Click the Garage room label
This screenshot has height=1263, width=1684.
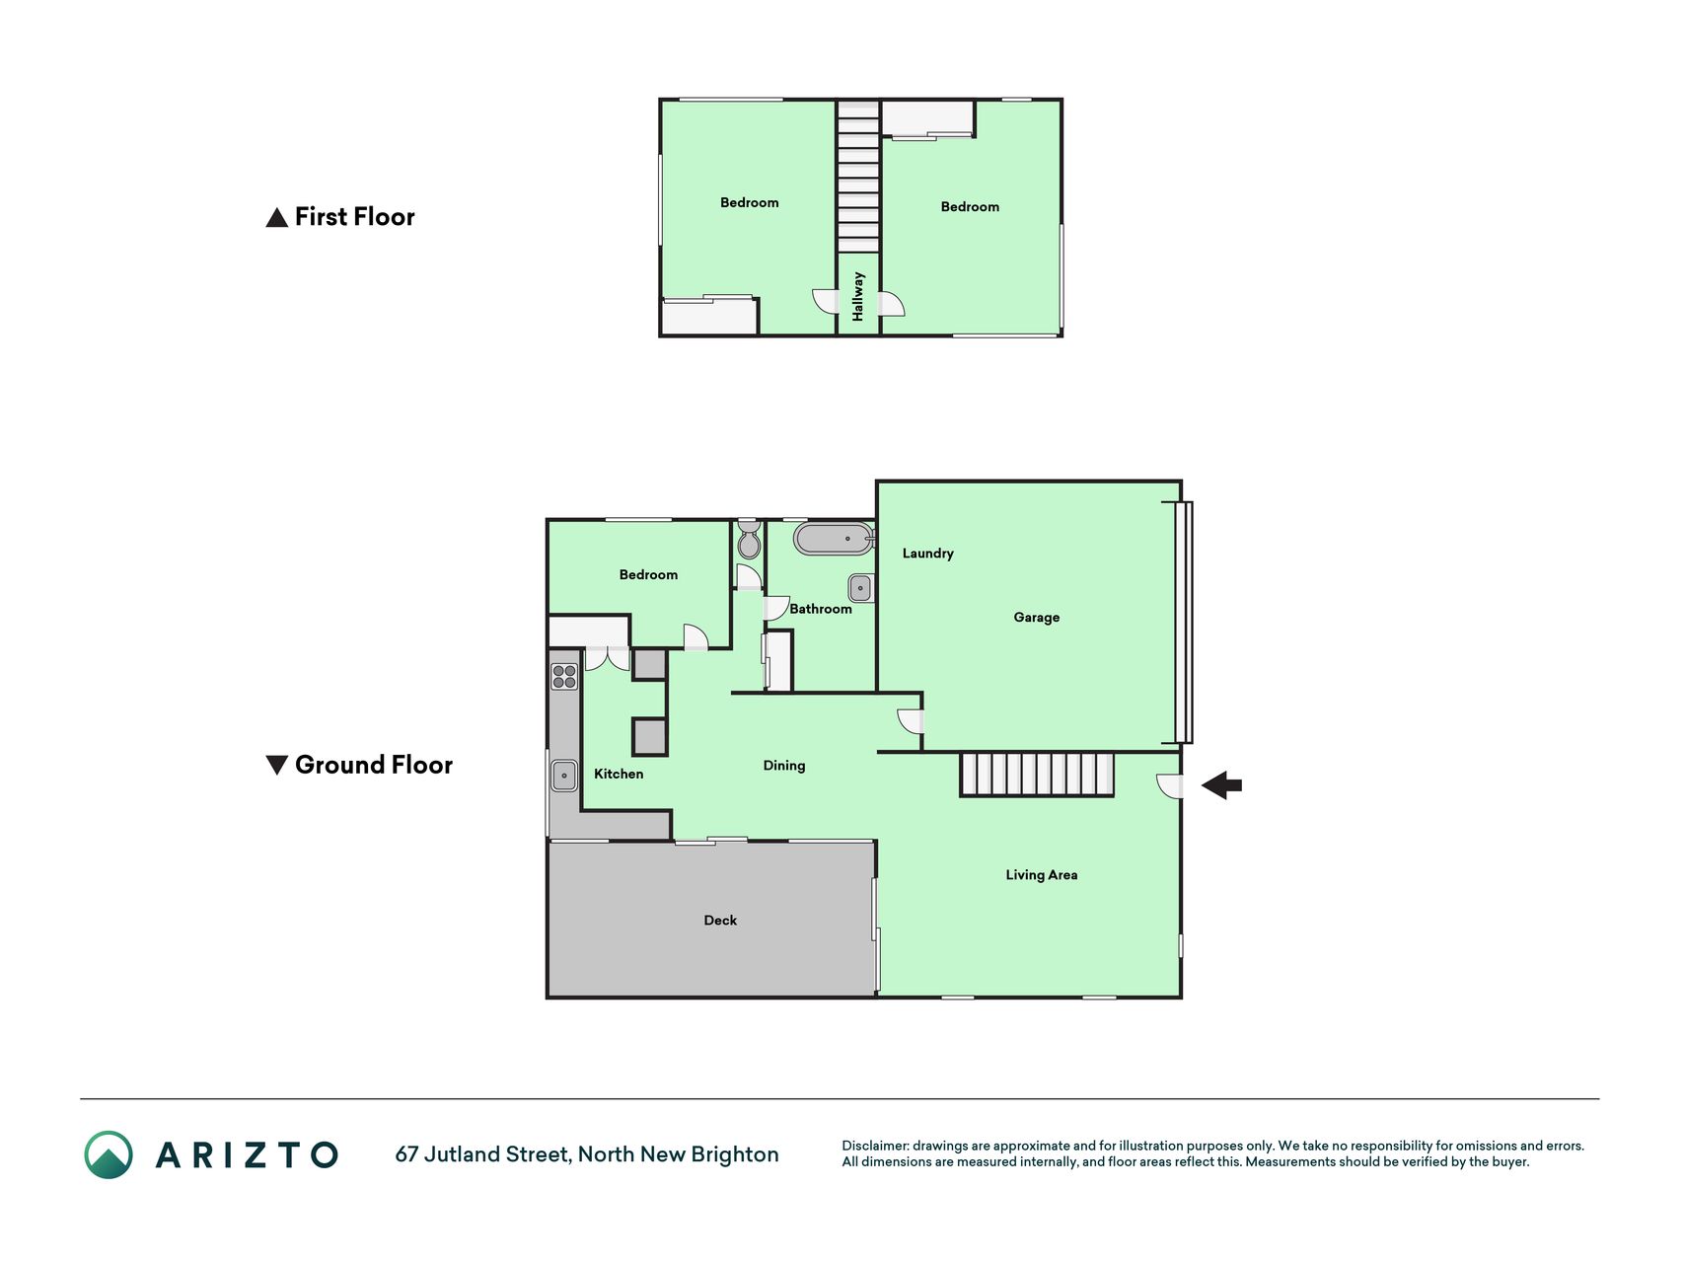[x=1036, y=618]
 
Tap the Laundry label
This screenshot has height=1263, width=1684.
[x=927, y=554]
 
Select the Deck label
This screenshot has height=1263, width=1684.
[x=720, y=921]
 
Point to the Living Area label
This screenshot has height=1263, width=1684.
[x=1041, y=875]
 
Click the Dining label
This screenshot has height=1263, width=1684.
[x=784, y=766]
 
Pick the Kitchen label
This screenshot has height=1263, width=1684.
[x=619, y=774]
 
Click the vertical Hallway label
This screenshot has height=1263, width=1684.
[x=858, y=296]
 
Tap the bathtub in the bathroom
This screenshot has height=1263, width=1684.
[x=835, y=539]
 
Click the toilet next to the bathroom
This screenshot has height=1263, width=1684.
[x=749, y=540]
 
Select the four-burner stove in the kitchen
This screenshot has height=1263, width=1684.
[x=564, y=677]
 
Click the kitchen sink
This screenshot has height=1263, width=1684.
[x=564, y=776]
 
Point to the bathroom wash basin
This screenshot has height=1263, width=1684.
[x=860, y=588]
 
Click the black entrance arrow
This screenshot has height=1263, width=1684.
[x=1221, y=785]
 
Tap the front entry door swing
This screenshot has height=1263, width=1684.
[x=1169, y=786]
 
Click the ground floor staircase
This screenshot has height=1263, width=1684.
[x=1037, y=775]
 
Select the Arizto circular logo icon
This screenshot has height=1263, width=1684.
[x=109, y=1154]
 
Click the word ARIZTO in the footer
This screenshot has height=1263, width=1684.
[x=247, y=1154]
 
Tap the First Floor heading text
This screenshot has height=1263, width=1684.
[x=354, y=217]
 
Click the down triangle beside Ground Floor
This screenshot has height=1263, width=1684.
[x=277, y=765]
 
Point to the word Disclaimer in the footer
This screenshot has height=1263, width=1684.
[x=875, y=1146]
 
